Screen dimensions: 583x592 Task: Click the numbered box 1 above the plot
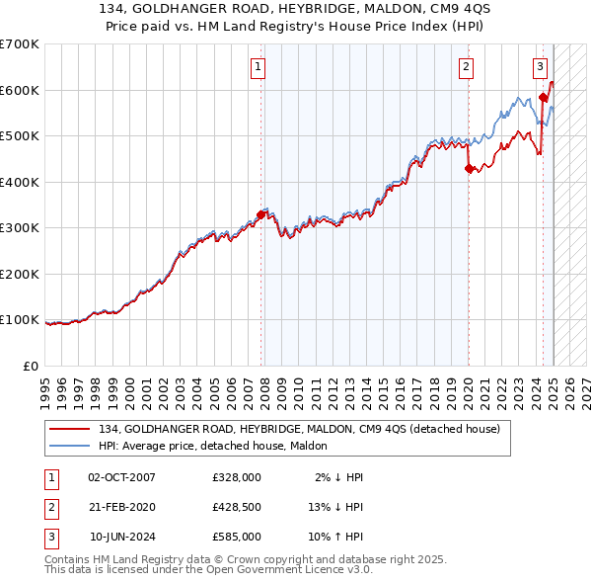point(258,67)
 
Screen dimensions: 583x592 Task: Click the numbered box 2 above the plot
point(465,67)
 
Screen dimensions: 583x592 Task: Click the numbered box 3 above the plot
point(541,67)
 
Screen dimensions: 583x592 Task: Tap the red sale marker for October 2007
point(261,214)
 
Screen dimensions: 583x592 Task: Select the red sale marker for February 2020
point(469,168)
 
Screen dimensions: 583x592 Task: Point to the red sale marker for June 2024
point(543,97)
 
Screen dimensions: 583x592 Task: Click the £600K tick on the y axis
point(19,90)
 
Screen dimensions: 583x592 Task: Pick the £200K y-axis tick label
point(19,274)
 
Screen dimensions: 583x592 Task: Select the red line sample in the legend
point(71,429)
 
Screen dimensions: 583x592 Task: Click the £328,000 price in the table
point(237,477)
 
